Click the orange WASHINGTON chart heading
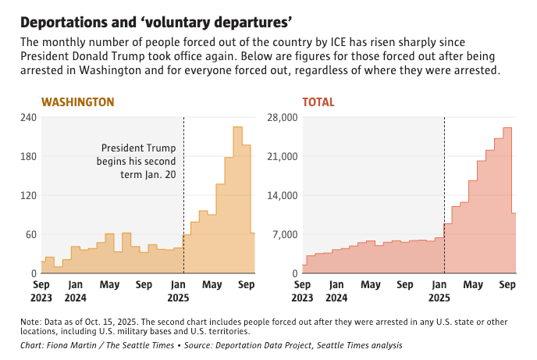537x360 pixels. click(x=78, y=102)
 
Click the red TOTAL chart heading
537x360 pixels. click(x=318, y=102)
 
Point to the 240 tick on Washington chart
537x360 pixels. click(x=28, y=117)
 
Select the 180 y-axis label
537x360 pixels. click(x=28, y=156)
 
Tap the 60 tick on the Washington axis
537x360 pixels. click(x=31, y=234)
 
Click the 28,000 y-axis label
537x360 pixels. click(x=283, y=117)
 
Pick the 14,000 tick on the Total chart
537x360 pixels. click(x=283, y=195)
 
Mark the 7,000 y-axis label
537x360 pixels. click(x=286, y=234)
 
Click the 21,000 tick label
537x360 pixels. click(x=283, y=156)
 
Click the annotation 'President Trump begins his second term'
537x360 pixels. click(x=138, y=161)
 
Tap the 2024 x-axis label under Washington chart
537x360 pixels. click(x=76, y=298)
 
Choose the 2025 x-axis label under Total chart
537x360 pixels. click(x=439, y=298)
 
